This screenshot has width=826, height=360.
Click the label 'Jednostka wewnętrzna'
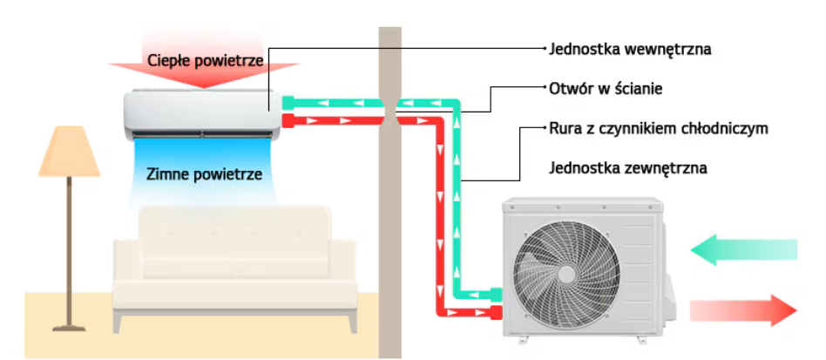point(630,49)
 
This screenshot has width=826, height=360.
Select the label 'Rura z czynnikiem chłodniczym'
point(658,128)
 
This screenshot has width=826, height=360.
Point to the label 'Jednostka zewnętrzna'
point(627,167)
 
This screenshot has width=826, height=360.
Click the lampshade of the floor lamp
point(69,152)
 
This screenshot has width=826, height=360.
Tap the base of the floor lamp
point(69,327)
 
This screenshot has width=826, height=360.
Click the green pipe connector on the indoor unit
point(289,103)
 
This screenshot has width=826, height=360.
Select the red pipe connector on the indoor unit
point(289,121)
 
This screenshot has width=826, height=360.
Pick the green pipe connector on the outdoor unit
point(494,294)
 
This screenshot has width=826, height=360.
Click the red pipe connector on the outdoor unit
point(494,311)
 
